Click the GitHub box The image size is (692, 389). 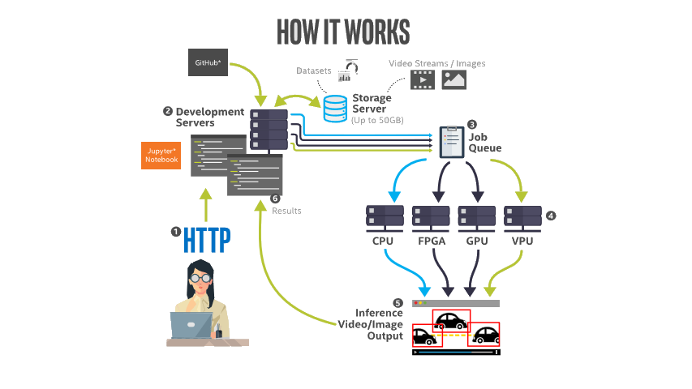pyautogui.click(x=210, y=62)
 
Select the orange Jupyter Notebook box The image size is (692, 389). pyautogui.click(x=161, y=155)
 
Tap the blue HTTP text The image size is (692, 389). pyautogui.click(x=207, y=239)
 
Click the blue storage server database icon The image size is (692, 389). pyautogui.click(x=335, y=107)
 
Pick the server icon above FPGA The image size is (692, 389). pyautogui.click(x=432, y=216)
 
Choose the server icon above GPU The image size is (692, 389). pyautogui.click(x=477, y=216)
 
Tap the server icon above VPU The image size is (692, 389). pyautogui.click(x=522, y=216)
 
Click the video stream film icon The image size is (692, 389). pyautogui.click(x=422, y=79)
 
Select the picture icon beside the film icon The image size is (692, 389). pyautogui.click(x=453, y=79)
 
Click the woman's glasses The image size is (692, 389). pyautogui.click(x=200, y=277)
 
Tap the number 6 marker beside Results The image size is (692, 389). pyautogui.click(x=274, y=199)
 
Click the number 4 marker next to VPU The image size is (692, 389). pyautogui.click(x=551, y=216)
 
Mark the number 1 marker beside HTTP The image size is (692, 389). pyautogui.click(x=174, y=231)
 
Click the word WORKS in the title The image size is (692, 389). pyautogui.click(x=376, y=31)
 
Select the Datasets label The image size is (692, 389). pyautogui.click(x=313, y=71)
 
